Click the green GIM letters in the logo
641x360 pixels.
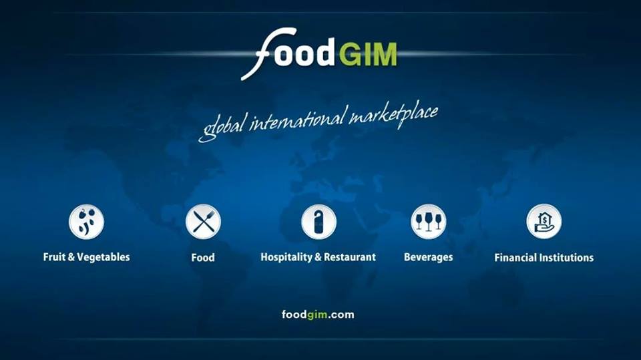[369, 54]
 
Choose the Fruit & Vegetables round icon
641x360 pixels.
[86, 222]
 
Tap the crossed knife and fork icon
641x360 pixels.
[203, 222]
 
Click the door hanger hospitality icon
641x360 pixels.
[319, 222]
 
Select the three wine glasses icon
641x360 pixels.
[429, 222]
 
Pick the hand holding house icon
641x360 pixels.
[544, 222]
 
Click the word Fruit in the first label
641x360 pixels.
[54, 257]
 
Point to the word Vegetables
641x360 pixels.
[103, 257]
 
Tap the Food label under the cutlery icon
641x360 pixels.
[203, 257]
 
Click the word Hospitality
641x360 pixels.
[286, 257]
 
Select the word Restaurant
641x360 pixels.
[350, 257]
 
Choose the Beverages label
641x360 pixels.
[429, 257]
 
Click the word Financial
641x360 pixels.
[515, 258]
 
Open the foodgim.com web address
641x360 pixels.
[318, 315]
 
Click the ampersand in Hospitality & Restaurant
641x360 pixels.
[318, 257]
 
